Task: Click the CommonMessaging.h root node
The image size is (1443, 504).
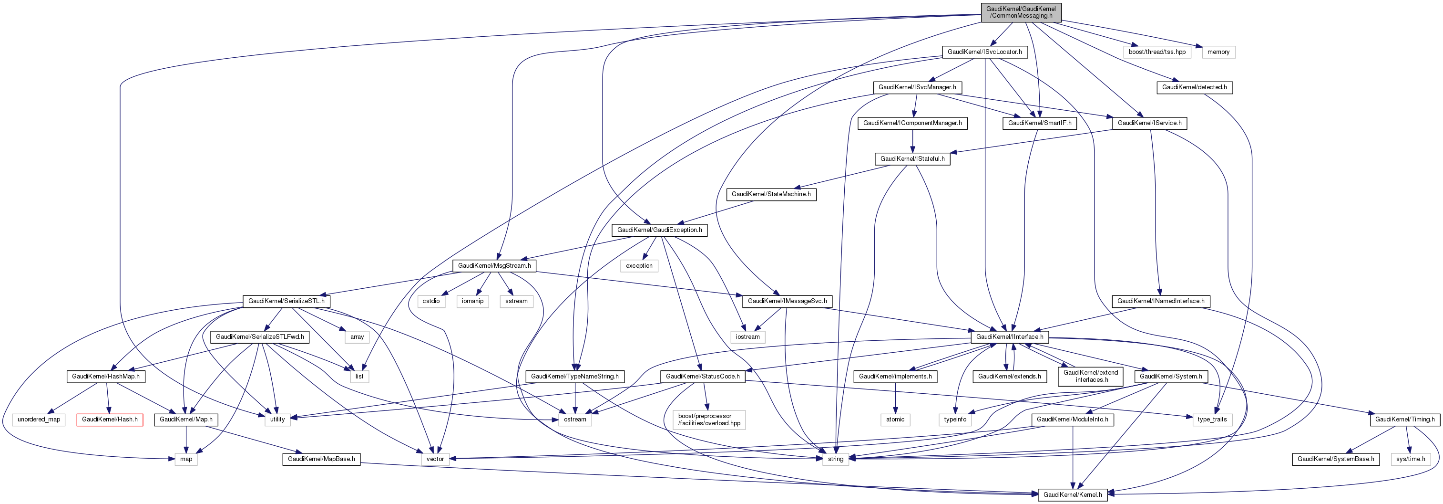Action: tap(1021, 12)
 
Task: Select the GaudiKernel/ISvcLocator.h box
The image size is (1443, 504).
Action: tap(984, 52)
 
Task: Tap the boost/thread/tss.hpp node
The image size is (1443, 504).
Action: tap(1157, 52)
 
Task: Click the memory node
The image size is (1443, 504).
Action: tap(1218, 52)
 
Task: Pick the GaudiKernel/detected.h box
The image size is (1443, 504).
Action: tap(1194, 87)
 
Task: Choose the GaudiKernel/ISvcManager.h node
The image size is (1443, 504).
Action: tap(917, 87)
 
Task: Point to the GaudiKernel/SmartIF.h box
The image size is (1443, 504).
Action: tap(1040, 123)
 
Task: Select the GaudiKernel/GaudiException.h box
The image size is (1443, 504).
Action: tap(659, 231)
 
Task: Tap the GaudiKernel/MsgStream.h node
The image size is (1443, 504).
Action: tap(494, 266)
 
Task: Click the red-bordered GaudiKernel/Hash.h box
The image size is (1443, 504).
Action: tap(110, 420)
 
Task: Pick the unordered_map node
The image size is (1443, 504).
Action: tap(39, 420)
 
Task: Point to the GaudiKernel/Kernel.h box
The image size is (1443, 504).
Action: tap(1072, 495)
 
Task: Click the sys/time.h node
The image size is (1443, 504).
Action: tap(1411, 459)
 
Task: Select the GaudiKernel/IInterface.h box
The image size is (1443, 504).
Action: tap(1009, 337)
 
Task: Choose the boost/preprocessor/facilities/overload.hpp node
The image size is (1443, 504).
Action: tap(708, 420)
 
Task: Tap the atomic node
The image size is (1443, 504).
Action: tap(895, 420)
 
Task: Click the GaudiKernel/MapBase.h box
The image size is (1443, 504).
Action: tap(321, 459)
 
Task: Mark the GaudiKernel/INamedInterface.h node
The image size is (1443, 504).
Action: tap(1161, 302)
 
